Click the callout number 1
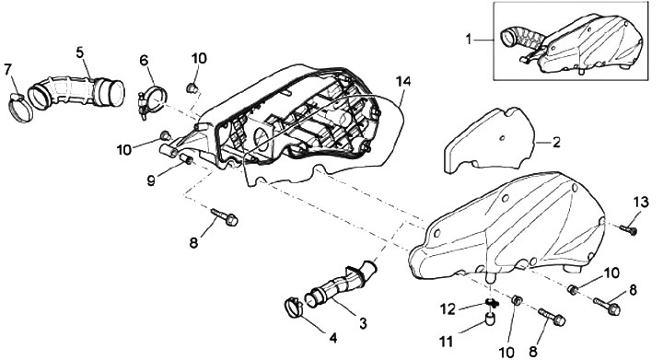[468, 40]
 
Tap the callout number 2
[556, 142]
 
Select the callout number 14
[403, 81]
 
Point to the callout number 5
[80, 52]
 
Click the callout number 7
[7, 70]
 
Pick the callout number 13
[641, 202]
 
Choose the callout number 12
[448, 309]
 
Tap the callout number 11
[446, 341]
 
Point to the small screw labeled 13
[629, 229]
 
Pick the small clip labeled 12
[491, 303]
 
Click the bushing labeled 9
[186, 160]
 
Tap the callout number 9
[151, 180]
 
